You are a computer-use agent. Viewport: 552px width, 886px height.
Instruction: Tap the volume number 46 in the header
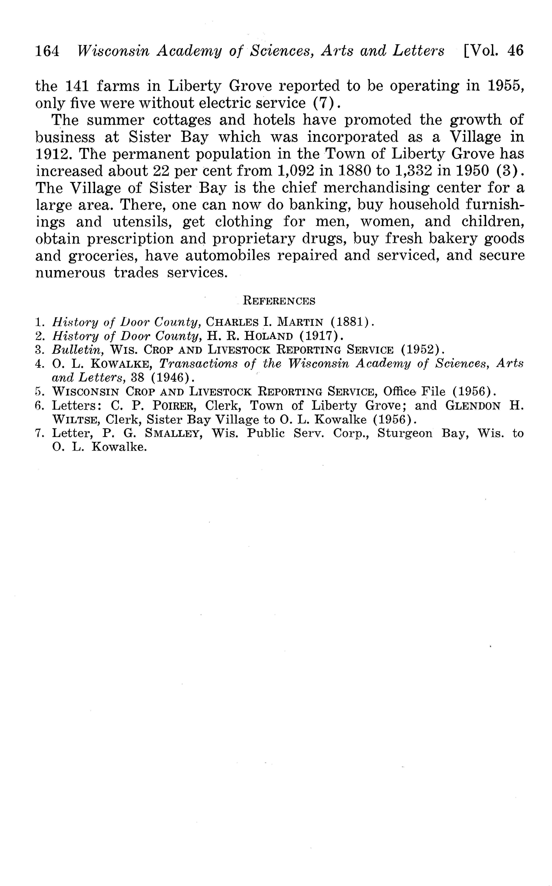pos(515,50)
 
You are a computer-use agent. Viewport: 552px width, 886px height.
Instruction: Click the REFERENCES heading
pos(279,301)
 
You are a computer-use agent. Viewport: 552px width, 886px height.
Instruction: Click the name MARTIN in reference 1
pos(300,322)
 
